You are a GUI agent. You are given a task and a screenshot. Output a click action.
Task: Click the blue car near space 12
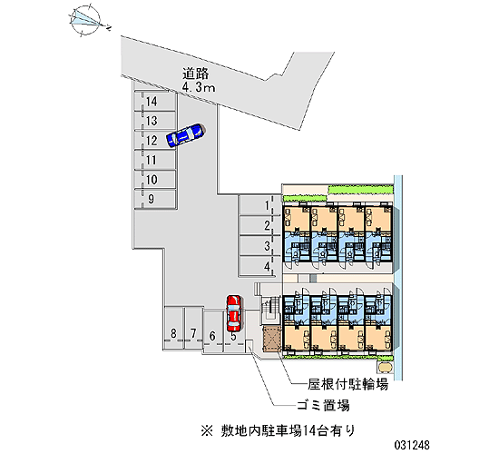click(x=186, y=135)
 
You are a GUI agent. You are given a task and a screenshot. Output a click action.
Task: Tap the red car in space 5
click(x=234, y=313)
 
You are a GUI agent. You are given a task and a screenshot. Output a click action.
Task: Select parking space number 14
click(x=154, y=102)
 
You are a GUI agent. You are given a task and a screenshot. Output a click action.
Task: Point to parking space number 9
click(x=154, y=199)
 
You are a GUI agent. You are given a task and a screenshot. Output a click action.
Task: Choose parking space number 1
click(x=259, y=205)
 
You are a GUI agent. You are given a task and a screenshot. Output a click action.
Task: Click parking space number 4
click(x=259, y=266)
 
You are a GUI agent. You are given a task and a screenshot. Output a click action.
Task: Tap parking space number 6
click(x=212, y=331)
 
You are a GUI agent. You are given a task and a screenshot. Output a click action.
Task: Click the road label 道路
click(x=195, y=74)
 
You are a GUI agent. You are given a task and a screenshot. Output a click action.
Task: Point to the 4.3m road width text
click(x=199, y=87)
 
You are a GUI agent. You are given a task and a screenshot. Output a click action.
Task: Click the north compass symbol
click(x=86, y=21)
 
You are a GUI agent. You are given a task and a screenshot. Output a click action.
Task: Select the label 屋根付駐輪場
click(x=347, y=385)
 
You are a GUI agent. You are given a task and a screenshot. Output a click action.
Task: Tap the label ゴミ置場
click(x=323, y=405)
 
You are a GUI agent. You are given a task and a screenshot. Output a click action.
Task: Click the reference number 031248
click(x=412, y=445)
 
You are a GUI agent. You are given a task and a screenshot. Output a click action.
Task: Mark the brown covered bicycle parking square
click(x=271, y=339)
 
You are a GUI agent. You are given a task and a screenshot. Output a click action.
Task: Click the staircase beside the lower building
click(x=269, y=308)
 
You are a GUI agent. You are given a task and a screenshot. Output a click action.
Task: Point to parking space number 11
click(x=154, y=160)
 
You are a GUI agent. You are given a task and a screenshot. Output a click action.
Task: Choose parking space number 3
click(x=259, y=246)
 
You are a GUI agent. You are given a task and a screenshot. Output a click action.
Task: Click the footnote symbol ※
click(x=207, y=431)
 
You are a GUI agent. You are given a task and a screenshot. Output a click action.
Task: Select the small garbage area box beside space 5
click(x=249, y=346)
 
